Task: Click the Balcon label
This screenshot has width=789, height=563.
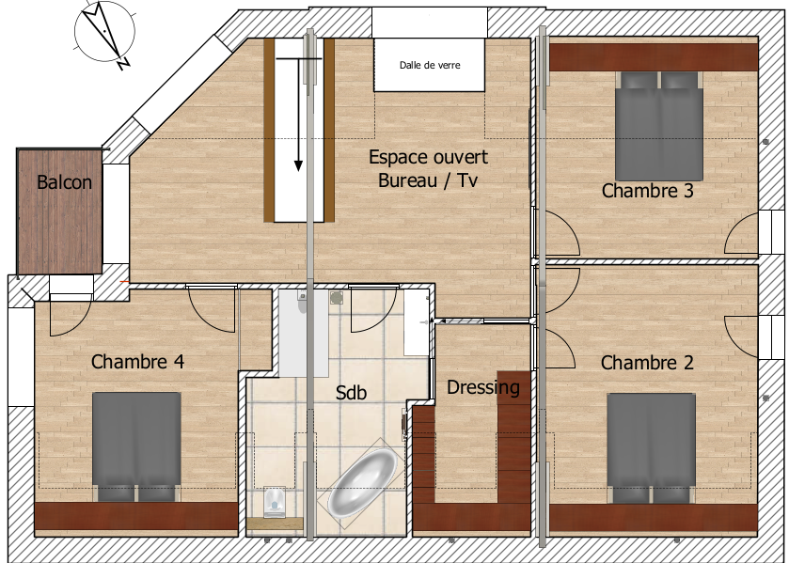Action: click(64, 182)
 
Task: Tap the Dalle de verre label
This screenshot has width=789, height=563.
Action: click(430, 65)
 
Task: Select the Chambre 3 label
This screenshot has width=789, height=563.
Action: click(648, 191)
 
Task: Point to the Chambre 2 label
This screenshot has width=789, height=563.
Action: click(647, 362)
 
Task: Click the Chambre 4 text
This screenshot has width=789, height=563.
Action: click(137, 361)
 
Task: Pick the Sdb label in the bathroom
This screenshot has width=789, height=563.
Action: click(351, 393)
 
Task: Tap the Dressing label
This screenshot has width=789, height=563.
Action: click(483, 387)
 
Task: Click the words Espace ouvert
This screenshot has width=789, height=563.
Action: click(428, 157)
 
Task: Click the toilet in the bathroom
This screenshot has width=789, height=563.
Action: click(275, 502)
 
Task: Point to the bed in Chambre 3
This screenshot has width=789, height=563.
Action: click(659, 126)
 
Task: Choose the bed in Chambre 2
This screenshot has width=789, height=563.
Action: click(652, 447)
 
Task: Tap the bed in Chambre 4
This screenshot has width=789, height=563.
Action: click(137, 446)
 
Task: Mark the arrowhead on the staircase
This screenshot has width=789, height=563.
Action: click(298, 165)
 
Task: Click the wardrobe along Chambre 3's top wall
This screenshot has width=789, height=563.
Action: click(654, 56)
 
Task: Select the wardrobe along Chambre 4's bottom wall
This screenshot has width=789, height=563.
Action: click(136, 516)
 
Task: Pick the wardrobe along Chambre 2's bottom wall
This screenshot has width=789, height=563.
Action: click(654, 518)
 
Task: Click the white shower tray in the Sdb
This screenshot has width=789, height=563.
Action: click(304, 333)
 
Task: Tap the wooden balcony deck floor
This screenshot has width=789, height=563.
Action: click(60, 211)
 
